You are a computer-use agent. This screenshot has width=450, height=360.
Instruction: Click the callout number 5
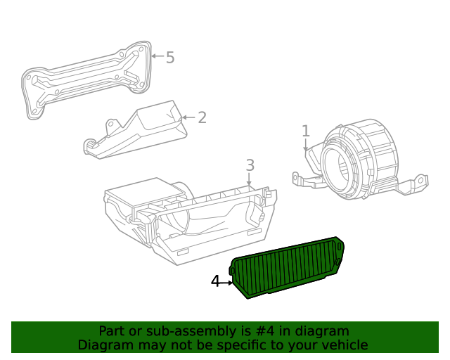[170, 58]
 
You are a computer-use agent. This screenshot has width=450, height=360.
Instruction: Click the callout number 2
[202, 117]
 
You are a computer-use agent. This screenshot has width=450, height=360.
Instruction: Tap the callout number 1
[305, 131]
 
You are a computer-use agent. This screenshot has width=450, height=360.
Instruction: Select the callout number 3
[250, 165]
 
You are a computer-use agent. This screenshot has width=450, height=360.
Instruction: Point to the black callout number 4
[216, 282]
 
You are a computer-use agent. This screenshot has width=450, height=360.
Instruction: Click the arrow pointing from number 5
[157, 56]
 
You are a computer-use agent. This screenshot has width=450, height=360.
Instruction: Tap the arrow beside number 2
[187, 117]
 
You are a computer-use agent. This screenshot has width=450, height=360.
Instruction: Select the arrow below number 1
[305, 145]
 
